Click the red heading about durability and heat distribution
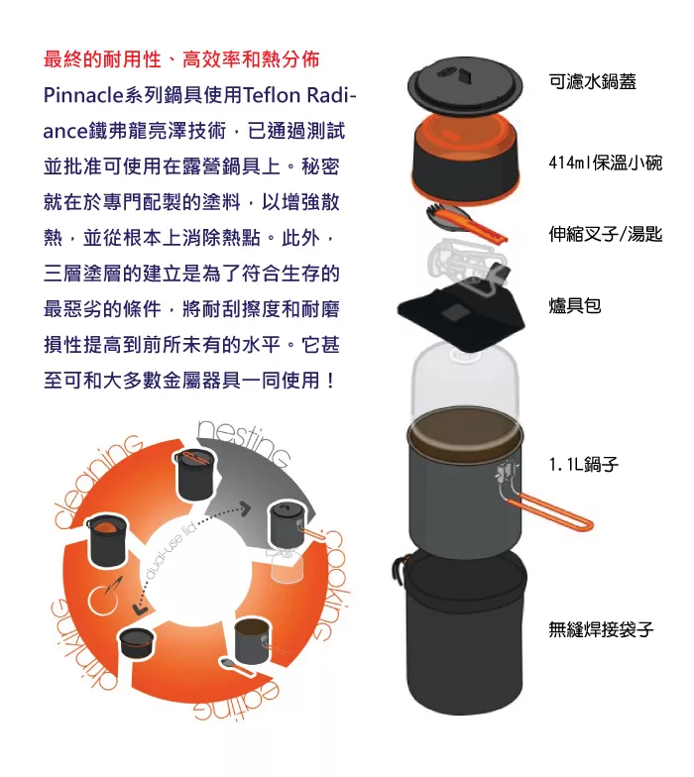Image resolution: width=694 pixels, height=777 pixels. click(x=181, y=59)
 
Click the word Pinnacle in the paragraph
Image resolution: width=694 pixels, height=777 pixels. click(x=83, y=95)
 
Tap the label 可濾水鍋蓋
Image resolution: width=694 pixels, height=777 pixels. click(x=593, y=81)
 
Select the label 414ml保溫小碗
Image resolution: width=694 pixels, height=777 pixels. click(x=605, y=163)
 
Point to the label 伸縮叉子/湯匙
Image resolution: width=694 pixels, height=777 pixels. click(x=605, y=234)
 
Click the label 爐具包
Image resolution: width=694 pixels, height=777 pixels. click(x=575, y=305)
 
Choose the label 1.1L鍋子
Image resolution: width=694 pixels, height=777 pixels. click(x=583, y=464)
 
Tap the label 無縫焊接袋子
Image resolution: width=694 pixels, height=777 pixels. click(x=601, y=629)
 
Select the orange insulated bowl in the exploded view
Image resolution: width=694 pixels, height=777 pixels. click(x=465, y=160)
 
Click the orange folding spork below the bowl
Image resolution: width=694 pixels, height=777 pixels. click(x=467, y=222)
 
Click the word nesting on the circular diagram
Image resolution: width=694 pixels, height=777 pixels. click(x=244, y=442)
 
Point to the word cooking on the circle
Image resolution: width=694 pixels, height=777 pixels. click(x=331, y=585)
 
